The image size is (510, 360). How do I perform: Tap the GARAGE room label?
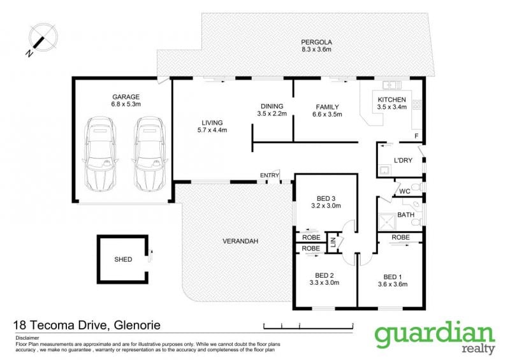point(126,97)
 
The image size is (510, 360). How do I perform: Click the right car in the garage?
point(150,154)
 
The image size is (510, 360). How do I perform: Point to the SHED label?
point(123,259)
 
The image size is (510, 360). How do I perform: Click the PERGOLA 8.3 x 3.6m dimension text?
point(316,50)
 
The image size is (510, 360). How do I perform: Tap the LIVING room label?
point(212,122)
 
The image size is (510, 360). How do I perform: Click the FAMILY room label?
point(327,106)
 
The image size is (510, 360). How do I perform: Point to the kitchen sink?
point(392,85)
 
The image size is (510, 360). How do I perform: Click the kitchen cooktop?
point(417,104)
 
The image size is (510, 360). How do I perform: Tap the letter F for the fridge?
point(416,136)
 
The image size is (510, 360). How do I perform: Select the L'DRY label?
point(403,160)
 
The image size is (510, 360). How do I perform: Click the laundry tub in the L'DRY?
point(384,170)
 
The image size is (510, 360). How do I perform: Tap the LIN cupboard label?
point(333,242)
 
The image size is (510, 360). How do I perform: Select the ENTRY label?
point(270,175)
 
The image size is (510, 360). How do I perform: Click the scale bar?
point(309,326)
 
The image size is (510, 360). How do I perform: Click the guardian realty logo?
point(435,337)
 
